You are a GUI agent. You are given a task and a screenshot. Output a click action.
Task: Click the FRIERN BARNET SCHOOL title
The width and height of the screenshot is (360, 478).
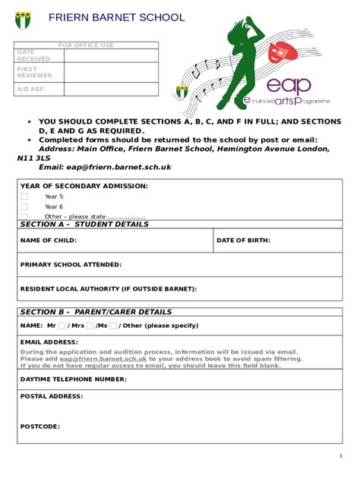click(x=117, y=17)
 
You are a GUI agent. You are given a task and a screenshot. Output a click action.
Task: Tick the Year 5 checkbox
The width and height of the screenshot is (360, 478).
click(x=24, y=197)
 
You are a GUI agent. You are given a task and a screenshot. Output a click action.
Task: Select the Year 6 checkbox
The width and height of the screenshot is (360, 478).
click(x=24, y=206)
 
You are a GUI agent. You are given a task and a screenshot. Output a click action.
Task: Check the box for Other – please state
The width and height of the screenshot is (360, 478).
click(x=24, y=216)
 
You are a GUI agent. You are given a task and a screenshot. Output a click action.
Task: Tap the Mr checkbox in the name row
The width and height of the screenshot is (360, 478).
click(x=62, y=325)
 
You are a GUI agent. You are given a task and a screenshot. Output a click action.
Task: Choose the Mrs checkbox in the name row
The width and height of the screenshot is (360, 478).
click(x=90, y=325)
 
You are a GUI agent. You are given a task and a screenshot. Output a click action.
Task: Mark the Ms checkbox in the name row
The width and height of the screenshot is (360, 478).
click(x=113, y=325)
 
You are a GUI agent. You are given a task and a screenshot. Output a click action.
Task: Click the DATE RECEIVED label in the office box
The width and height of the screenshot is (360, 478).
click(x=33, y=55)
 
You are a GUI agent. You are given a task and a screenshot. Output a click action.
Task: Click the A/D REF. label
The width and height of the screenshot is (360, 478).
click(x=31, y=89)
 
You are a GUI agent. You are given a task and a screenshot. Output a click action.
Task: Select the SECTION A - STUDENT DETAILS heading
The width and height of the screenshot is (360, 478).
click(x=84, y=225)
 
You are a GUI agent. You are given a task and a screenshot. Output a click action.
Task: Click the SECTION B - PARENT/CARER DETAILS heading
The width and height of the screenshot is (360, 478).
click(x=96, y=312)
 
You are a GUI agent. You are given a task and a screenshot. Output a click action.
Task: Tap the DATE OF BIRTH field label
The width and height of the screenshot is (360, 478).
click(x=243, y=241)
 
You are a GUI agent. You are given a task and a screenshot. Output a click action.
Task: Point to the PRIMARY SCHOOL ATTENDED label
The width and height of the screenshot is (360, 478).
click(x=71, y=265)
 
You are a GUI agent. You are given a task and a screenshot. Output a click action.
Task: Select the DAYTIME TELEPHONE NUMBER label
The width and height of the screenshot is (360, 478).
click(x=73, y=378)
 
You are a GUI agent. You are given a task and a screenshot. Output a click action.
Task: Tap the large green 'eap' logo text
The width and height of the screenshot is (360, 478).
click(x=289, y=85)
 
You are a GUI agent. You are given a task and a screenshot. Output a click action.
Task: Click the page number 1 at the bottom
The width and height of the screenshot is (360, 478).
click(x=341, y=456)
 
